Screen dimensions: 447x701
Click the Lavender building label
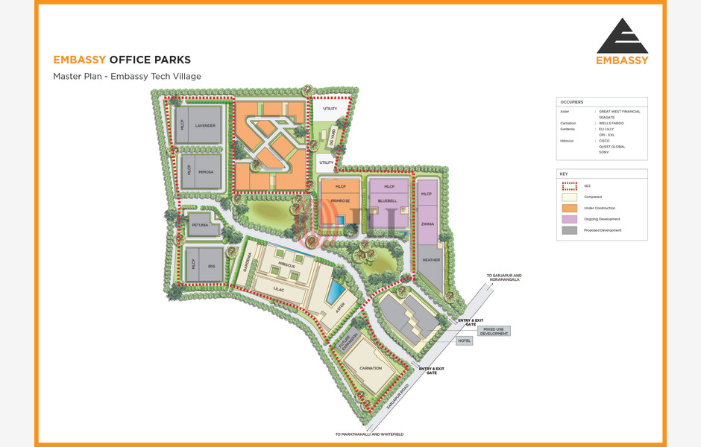point(205,126)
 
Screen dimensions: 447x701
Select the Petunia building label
point(200,224)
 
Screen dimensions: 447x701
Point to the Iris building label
point(212,266)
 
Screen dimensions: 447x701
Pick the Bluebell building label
point(388,200)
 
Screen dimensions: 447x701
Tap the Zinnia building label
point(427,223)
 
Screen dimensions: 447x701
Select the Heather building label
point(431,260)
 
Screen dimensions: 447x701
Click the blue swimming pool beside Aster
point(336,288)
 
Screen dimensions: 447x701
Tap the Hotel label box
point(465,340)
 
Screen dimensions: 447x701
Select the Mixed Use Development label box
point(495,331)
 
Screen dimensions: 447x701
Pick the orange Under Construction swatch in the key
point(569,208)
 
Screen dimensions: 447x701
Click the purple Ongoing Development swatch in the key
point(569,219)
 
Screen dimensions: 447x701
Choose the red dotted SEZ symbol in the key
point(569,186)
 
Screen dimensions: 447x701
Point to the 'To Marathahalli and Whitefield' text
point(368,434)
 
